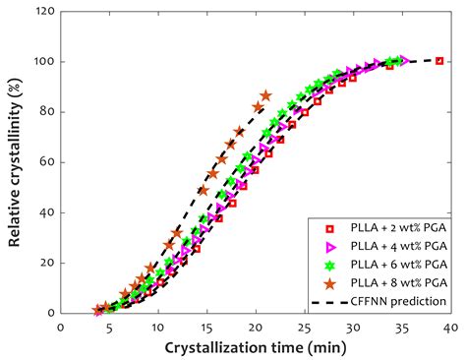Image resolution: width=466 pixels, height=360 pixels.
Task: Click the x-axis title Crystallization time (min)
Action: (x=256, y=349)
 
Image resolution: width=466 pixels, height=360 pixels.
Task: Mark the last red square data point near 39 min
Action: (x=439, y=61)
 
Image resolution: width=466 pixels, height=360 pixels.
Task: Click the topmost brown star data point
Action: (x=265, y=95)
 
